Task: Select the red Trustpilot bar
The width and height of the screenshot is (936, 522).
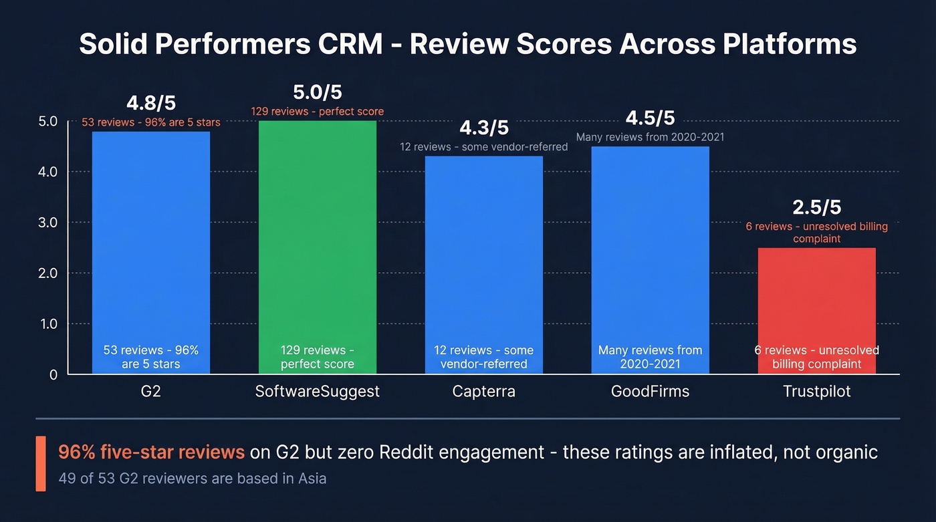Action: (816, 301)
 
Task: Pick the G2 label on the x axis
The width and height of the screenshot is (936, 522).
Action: (151, 392)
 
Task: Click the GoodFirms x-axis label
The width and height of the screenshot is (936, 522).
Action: (650, 392)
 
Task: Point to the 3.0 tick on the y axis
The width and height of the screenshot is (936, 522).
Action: (48, 223)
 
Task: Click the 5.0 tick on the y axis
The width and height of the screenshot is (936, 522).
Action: (48, 122)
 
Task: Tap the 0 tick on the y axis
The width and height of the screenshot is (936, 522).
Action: (53, 374)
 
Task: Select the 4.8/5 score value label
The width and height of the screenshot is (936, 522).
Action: (151, 104)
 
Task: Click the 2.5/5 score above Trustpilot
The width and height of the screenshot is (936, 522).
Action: (816, 207)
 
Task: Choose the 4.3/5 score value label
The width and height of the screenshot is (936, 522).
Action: (484, 128)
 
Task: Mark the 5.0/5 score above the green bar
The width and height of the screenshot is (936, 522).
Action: (318, 92)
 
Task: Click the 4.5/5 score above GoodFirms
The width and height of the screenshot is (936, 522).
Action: (650, 118)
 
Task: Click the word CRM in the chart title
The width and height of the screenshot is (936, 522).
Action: (357, 44)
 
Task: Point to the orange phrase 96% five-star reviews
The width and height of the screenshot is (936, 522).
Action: (151, 452)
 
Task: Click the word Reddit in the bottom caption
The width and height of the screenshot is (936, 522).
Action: (408, 452)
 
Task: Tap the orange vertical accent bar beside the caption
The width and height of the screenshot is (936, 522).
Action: (41, 464)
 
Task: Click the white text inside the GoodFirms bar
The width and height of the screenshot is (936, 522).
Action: (650, 357)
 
